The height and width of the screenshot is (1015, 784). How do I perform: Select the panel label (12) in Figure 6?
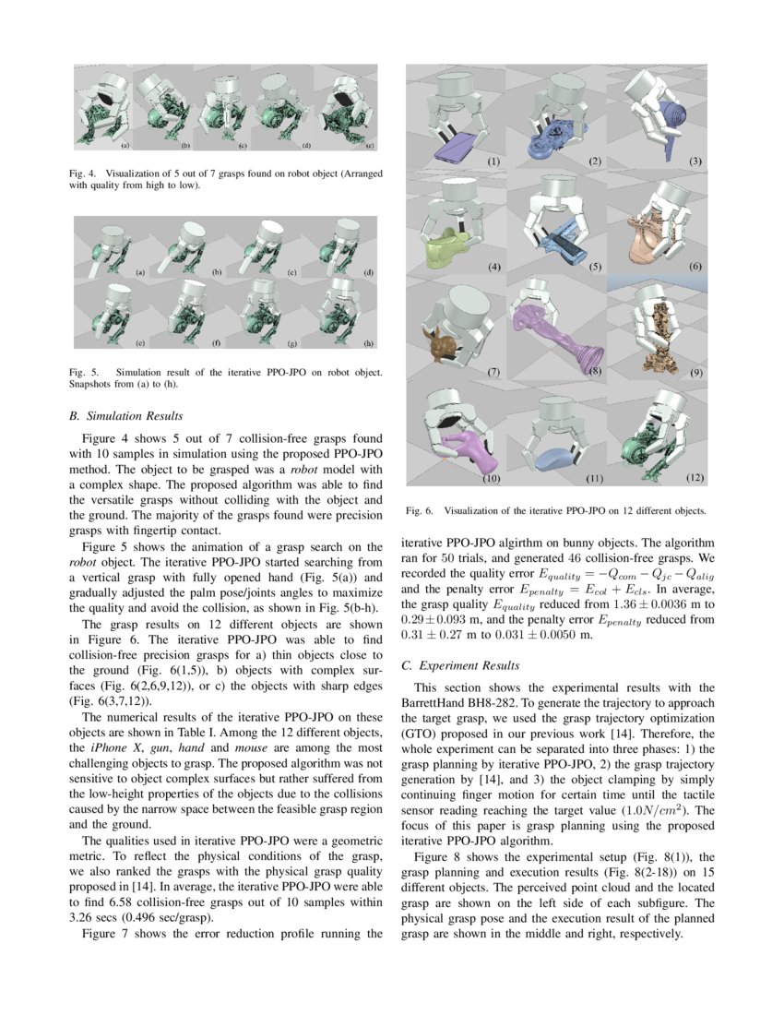tap(696, 478)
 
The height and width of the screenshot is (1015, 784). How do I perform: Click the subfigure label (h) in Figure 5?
tap(368, 343)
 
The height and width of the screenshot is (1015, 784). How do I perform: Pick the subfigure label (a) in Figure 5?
tap(140, 273)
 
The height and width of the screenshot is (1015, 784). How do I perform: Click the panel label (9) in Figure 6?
tap(696, 373)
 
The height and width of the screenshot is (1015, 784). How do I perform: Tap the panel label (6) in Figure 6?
tap(696, 267)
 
